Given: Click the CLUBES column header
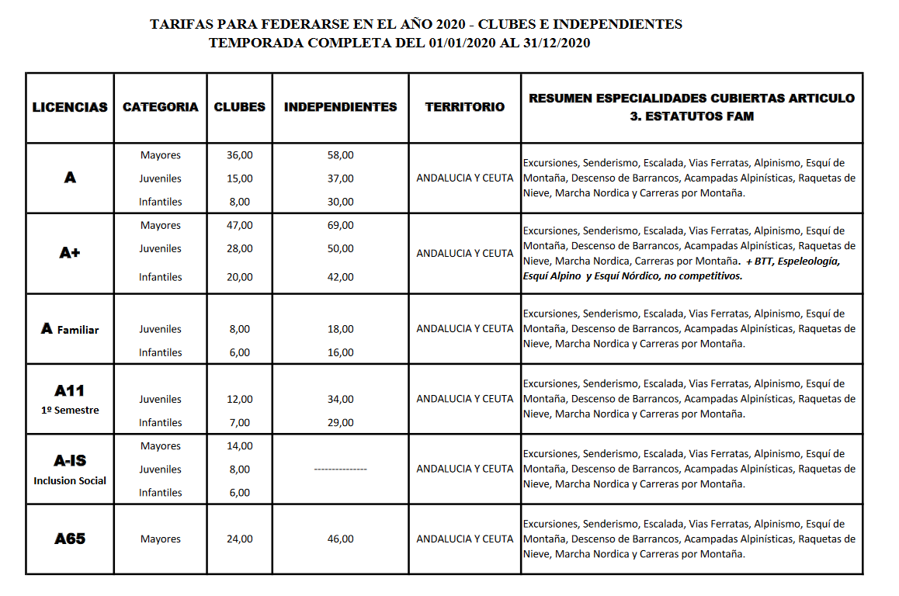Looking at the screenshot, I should tap(239, 107).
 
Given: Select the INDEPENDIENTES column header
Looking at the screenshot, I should tap(340, 107).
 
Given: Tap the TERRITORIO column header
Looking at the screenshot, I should tap(464, 107).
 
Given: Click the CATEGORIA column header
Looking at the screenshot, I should tap(161, 107).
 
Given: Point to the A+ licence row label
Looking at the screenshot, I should tap(70, 253).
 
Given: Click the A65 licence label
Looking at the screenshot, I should tap(70, 539).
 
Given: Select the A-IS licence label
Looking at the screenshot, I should tap(70, 460).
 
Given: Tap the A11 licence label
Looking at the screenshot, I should tap(70, 390).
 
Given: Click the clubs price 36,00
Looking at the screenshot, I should tap(239, 155).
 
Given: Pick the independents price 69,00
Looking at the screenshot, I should tap(340, 225).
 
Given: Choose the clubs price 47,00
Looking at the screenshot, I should tap(239, 225).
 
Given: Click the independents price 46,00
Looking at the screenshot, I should tap(340, 539).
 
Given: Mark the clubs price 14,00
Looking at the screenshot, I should tap(239, 446).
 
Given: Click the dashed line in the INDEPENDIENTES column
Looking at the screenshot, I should tap(340, 470).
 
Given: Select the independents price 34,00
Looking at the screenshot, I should tap(340, 399).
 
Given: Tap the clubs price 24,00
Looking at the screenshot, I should tap(239, 539).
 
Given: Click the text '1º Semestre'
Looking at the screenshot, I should tap(70, 410).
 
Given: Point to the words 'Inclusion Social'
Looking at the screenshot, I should tap(70, 480).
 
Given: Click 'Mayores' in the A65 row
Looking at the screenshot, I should tap(161, 539).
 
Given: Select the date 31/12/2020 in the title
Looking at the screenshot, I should tap(556, 43).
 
